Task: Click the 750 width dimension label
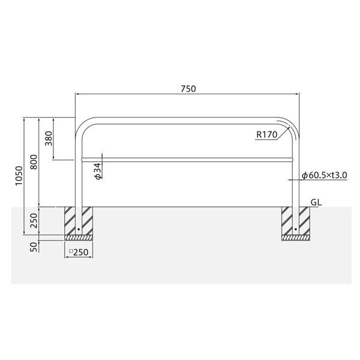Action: [188, 89]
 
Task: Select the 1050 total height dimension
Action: [19, 176]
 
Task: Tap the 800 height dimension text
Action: [34, 162]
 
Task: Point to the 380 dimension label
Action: [49, 139]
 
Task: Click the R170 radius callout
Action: [267, 134]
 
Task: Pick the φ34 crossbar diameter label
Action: [98, 171]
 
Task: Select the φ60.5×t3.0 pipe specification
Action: [325, 175]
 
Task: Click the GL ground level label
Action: [316, 202]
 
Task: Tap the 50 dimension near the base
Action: [34, 247]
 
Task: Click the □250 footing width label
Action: [79, 253]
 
